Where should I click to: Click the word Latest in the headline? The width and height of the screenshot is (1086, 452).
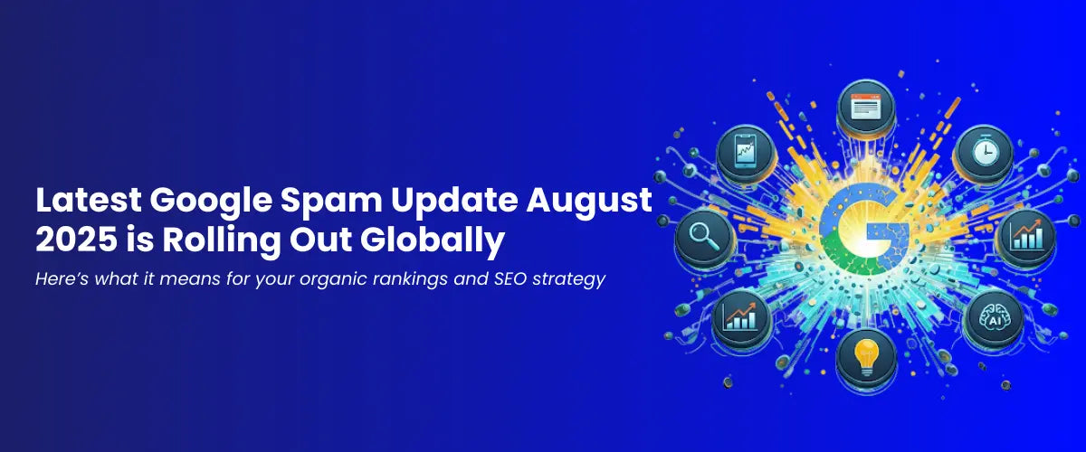point(89,200)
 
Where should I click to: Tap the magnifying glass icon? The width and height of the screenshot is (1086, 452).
point(704,237)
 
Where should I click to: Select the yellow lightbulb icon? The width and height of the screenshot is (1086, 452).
point(866,357)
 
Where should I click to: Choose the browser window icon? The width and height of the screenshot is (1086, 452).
point(866,107)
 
